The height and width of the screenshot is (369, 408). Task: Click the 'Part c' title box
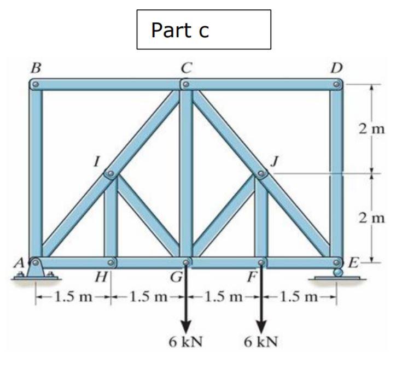pos(203,30)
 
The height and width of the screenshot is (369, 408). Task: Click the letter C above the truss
pos(187,68)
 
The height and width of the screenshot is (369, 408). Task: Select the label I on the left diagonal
pos(97,162)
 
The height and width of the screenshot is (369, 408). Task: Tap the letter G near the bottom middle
pos(176,277)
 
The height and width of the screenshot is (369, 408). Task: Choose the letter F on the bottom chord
pos(252,277)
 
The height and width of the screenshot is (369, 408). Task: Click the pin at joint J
pos(261,175)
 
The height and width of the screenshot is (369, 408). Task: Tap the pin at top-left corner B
pos(36,85)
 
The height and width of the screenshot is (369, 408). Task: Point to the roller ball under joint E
pos(338,272)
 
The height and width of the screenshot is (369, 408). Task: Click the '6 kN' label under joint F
pos(261,342)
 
